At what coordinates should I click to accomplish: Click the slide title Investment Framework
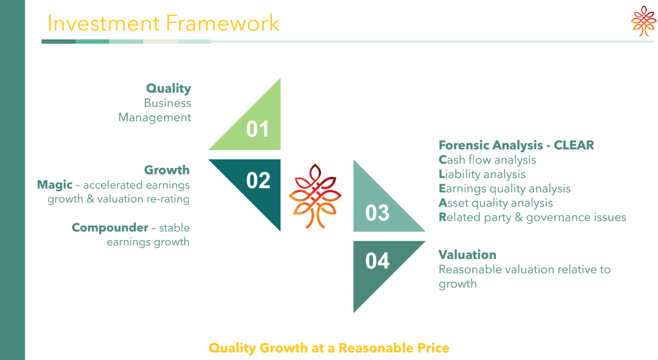tap(164, 23)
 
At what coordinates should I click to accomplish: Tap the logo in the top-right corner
tap(643, 21)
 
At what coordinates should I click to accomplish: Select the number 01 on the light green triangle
tap(258, 129)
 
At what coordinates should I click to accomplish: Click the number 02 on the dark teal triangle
tap(258, 181)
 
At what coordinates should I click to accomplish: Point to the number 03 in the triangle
tap(377, 213)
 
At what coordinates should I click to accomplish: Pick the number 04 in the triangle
tap(377, 261)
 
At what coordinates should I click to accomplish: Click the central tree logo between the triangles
tap(315, 197)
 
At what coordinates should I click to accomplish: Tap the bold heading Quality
tap(169, 89)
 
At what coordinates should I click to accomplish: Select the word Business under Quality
tap(167, 103)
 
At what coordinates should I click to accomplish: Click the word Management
tap(155, 117)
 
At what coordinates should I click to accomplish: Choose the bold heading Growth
tap(167, 170)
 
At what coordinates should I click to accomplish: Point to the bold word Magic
tap(55, 185)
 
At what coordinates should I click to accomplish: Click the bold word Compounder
tap(110, 228)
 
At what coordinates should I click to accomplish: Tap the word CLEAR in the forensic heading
tap(574, 145)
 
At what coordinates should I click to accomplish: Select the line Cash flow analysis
tap(487, 160)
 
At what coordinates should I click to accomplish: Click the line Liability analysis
tap(482, 174)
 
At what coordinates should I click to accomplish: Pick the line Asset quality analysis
tap(496, 203)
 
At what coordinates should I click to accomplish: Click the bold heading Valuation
tap(468, 254)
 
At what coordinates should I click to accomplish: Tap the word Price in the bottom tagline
tap(433, 348)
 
